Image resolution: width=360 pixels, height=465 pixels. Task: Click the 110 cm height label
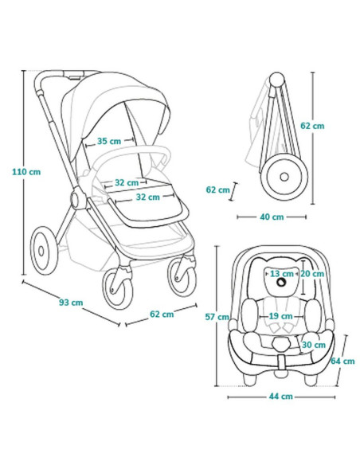pos(26,172)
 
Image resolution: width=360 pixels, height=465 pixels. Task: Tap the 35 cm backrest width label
pos(109,141)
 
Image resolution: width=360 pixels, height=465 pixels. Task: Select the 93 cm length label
pos(71,303)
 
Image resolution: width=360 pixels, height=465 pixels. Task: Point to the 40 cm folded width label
pos(272,217)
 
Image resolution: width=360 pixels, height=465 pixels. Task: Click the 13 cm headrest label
pos(281,274)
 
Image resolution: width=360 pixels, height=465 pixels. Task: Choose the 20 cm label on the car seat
pos(312,274)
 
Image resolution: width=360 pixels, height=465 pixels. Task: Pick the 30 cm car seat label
pos(314,345)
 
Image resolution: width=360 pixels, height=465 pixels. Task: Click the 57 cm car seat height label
pos(217,317)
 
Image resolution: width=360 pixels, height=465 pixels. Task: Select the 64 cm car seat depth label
pos(342,361)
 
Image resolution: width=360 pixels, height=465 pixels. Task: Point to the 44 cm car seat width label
pos(281,397)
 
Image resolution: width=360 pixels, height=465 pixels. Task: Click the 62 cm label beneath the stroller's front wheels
pos(162,314)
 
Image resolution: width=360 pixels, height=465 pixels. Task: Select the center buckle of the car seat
pos(281,344)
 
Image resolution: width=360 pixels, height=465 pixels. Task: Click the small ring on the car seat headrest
pos(281,282)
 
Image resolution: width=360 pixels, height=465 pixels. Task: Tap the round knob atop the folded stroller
pos(276,79)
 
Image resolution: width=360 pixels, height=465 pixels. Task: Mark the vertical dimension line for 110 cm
pos(23,173)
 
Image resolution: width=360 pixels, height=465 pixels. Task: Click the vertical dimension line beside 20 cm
pos(303,278)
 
